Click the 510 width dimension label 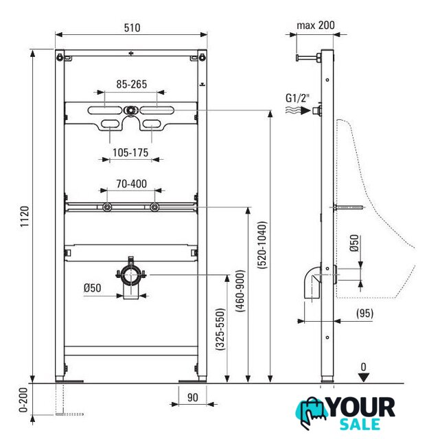[132, 27]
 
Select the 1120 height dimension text [25, 217]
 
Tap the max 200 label [316, 25]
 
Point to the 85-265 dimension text [132, 84]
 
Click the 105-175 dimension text [130, 152]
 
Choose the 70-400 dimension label [131, 184]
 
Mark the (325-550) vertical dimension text [220, 329]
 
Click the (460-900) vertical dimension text [240, 291]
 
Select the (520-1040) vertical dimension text [263, 245]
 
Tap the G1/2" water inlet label [298, 98]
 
